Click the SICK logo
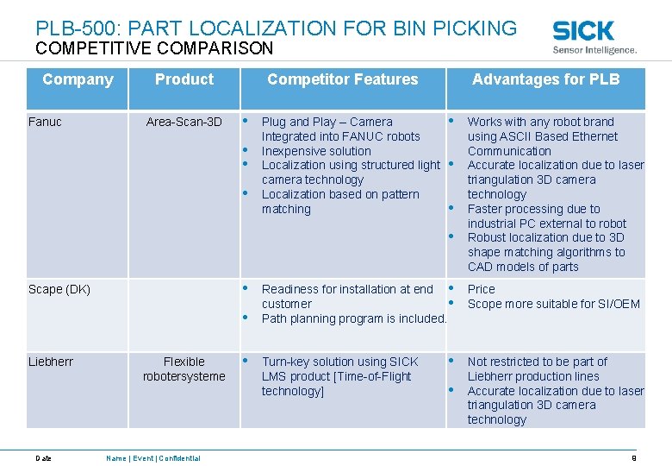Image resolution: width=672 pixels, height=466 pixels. [x=583, y=31]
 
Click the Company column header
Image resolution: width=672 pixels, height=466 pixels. [x=78, y=79]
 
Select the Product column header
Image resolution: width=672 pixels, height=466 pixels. [x=184, y=79]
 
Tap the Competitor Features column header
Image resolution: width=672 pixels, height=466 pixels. [x=342, y=79]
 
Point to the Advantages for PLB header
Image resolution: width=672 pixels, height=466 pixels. [x=545, y=79]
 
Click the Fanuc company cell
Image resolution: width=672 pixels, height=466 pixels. [x=45, y=122]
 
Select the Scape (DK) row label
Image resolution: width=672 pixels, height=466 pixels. [x=59, y=289]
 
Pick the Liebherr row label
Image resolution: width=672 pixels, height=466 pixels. [x=51, y=362]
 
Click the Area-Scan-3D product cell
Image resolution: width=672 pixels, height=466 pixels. [x=184, y=122]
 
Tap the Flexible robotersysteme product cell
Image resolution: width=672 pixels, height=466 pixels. [x=184, y=368]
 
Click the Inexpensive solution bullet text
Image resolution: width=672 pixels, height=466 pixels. [x=316, y=151]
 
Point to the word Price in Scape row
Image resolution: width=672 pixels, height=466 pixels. [x=481, y=289]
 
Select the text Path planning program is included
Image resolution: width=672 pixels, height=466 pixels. [x=353, y=318]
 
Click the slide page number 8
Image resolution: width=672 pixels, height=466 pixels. [x=634, y=458]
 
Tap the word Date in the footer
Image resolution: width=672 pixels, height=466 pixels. [x=43, y=458]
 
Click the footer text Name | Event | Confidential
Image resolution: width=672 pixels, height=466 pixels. [x=152, y=458]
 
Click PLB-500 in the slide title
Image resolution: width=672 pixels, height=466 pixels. [x=78, y=28]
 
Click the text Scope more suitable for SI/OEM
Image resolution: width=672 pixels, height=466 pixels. [x=553, y=304]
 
